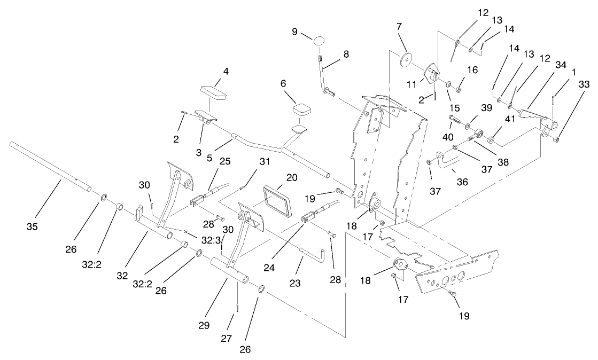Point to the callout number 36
(x=461, y=182)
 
